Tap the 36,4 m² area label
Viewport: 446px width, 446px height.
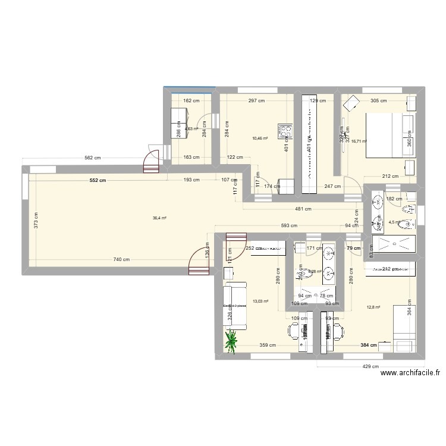click(159, 218)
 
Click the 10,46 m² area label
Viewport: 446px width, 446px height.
click(260, 139)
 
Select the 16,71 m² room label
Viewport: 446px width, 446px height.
click(359, 142)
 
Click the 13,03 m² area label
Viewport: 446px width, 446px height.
click(260, 301)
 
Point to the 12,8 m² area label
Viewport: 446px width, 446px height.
click(373, 307)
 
